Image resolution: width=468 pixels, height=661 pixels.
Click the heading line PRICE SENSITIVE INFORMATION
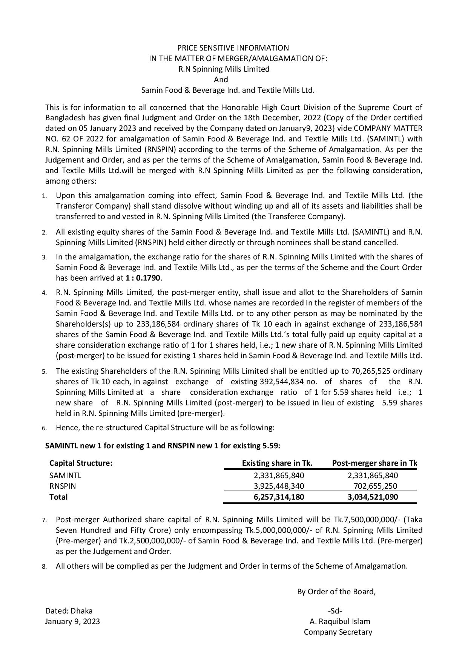click(233, 48)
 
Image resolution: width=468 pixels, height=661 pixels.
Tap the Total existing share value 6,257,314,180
click(279, 497)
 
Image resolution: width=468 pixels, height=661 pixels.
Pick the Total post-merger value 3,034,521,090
click(373, 497)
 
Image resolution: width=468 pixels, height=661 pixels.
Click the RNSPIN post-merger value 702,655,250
click(375, 486)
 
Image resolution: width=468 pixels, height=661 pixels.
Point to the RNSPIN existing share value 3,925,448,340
click(279, 486)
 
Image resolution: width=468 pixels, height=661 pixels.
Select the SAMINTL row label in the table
click(65, 475)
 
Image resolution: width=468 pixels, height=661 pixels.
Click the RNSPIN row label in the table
click(63, 486)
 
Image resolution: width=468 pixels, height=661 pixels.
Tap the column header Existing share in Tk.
click(277, 463)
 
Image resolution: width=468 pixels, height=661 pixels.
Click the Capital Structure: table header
click(81, 463)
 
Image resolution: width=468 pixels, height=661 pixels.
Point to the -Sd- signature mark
click(335, 611)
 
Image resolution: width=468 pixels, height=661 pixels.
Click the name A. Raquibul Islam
click(340, 621)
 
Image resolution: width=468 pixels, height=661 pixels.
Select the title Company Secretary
click(338, 632)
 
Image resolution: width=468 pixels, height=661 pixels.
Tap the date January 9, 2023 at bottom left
click(72, 621)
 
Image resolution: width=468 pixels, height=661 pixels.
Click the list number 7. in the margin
click(44, 520)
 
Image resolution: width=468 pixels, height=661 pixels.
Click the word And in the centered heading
click(221, 80)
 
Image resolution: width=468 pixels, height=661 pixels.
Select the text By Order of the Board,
click(336, 592)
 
